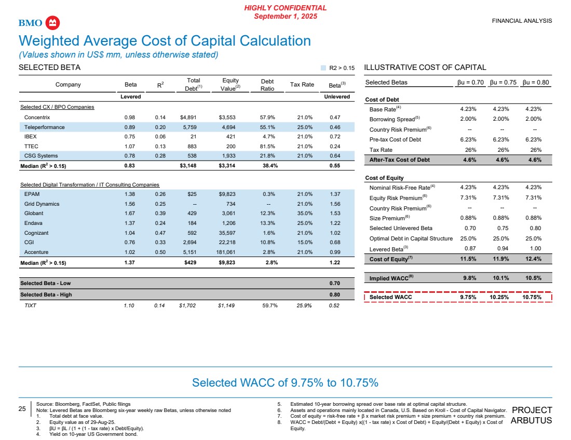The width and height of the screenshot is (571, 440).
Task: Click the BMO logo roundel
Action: click(x=53, y=23)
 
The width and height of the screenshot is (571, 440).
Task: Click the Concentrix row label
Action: click(x=37, y=118)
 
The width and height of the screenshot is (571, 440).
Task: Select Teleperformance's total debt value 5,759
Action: click(x=193, y=127)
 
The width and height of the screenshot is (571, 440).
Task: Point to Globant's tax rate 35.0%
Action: click(x=302, y=214)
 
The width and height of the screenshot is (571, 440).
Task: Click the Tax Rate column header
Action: click(x=302, y=84)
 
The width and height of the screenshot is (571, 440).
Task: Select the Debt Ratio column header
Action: click(x=267, y=84)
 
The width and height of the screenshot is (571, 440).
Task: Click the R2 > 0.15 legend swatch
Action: click(x=323, y=68)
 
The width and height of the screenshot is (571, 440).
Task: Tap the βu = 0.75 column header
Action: click(x=503, y=82)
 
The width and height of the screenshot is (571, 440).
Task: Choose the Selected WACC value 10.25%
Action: click(x=503, y=297)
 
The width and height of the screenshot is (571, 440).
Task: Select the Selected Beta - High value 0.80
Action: click(x=335, y=295)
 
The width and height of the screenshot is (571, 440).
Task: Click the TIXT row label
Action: click(x=31, y=306)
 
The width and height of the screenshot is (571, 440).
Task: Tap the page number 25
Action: click(x=22, y=409)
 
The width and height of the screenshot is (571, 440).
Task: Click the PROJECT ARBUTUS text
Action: click(x=532, y=415)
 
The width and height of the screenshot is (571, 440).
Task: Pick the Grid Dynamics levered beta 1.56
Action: click(x=131, y=204)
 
